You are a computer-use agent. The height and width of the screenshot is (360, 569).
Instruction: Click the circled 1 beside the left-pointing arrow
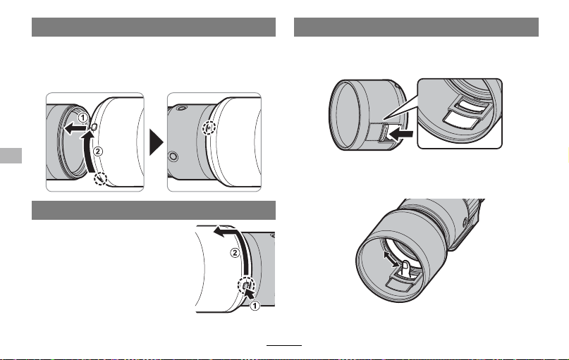pyautogui.click(x=83, y=118)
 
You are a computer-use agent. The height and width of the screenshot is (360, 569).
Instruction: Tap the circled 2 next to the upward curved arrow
pyautogui.click(x=98, y=151)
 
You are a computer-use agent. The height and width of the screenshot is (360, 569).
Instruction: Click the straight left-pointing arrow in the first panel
pyautogui.click(x=75, y=128)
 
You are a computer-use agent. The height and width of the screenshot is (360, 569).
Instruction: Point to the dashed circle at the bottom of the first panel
pyautogui.click(x=101, y=179)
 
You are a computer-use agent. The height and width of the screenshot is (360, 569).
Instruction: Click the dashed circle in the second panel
pyautogui.click(x=209, y=128)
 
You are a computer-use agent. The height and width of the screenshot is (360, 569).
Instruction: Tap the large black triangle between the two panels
pyautogui.click(x=157, y=142)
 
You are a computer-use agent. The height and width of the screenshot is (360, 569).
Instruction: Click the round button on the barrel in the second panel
pyautogui.click(x=173, y=156)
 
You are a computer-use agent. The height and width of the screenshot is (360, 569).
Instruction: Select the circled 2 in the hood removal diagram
pyautogui.click(x=235, y=253)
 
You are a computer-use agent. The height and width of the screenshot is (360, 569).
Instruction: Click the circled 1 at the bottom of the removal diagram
pyautogui.click(x=255, y=306)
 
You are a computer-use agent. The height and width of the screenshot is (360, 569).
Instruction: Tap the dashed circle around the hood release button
pyautogui.click(x=246, y=286)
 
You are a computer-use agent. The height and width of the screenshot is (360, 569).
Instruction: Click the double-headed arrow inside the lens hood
pyautogui.click(x=391, y=259)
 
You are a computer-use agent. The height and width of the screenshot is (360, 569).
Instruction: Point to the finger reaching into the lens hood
pyautogui.click(x=406, y=269)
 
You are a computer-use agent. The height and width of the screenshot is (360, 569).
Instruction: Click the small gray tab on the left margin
pyautogui.click(x=11, y=156)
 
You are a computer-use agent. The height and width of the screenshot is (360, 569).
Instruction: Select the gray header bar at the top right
pyautogui.click(x=416, y=27)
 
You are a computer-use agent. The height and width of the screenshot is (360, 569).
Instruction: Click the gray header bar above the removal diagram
pyautogui.click(x=154, y=210)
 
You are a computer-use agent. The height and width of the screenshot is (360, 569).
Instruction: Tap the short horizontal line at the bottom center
pyautogui.click(x=284, y=345)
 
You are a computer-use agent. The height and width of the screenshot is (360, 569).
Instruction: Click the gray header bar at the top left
pyautogui.click(x=154, y=27)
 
